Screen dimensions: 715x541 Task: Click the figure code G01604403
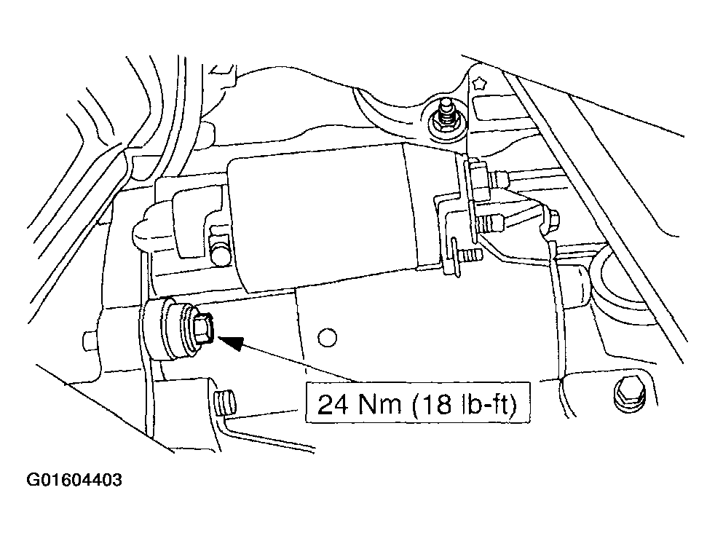click(x=74, y=480)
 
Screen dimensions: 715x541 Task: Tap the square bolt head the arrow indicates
click(x=203, y=328)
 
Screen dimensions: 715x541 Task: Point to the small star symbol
click(x=480, y=84)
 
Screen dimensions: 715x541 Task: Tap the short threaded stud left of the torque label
click(x=224, y=403)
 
